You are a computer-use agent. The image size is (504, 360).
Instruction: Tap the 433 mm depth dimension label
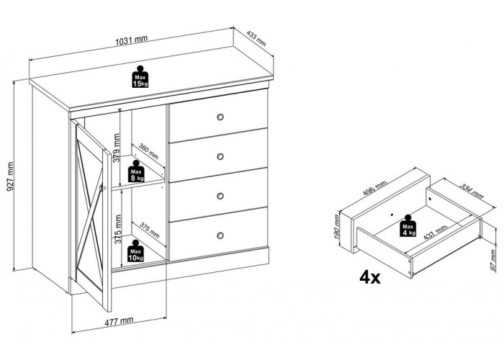(256, 38)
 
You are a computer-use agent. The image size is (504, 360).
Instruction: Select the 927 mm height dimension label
(10, 176)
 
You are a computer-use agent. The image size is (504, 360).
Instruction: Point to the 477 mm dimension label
(119, 320)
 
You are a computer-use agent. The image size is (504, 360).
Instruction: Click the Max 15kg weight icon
(140, 77)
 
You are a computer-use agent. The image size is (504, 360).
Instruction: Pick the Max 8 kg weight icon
(137, 171)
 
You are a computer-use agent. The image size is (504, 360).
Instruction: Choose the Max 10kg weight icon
(135, 251)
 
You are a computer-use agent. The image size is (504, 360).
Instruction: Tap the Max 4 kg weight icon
(408, 225)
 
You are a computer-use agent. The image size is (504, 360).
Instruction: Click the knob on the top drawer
(220, 117)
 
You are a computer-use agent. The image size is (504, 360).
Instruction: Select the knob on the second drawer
(220, 156)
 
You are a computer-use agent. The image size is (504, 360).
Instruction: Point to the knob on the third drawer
(220, 196)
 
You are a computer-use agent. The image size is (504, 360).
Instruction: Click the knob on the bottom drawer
(220, 235)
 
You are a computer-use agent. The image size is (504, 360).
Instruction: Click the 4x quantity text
(370, 277)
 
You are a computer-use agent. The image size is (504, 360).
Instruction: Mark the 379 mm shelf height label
(117, 148)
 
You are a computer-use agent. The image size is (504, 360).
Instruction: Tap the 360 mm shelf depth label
(148, 151)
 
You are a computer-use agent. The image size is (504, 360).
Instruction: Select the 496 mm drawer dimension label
(375, 189)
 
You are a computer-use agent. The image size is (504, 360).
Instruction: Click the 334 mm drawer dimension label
(472, 192)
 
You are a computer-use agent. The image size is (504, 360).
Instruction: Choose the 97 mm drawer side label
(494, 261)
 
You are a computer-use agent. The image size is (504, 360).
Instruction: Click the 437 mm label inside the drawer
(436, 233)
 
